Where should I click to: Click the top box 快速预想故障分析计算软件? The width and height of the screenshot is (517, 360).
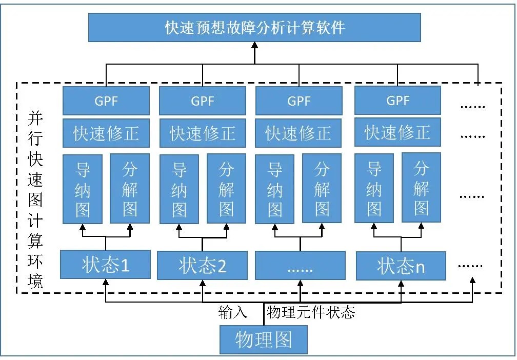pos(254,27)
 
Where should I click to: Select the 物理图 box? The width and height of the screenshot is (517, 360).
pos(264,339)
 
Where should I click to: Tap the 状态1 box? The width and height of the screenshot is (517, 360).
pos(105,265)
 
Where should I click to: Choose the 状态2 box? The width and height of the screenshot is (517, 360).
pos(202,266)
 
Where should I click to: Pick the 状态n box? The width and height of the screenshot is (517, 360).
pos(401,266)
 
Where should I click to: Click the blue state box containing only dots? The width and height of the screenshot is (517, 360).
pos(300,266)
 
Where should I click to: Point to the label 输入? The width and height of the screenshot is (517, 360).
pos(233,312)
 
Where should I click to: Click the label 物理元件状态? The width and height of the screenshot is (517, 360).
pos(311,312)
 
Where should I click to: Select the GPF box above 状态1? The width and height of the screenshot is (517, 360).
pos(106,101)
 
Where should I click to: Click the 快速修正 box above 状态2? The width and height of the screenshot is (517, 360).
pos(203,133)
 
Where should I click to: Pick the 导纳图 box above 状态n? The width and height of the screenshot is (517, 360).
pos(374,188)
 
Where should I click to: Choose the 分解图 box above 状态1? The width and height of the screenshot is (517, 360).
pos(130,188)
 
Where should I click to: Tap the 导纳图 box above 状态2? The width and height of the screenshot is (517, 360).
pos(179,188)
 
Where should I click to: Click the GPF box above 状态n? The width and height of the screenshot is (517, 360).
pos(397,100)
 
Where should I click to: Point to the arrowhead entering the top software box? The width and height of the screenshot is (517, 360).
pos(254,45)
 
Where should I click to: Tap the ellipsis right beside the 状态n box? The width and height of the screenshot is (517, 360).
pos(470,266)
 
